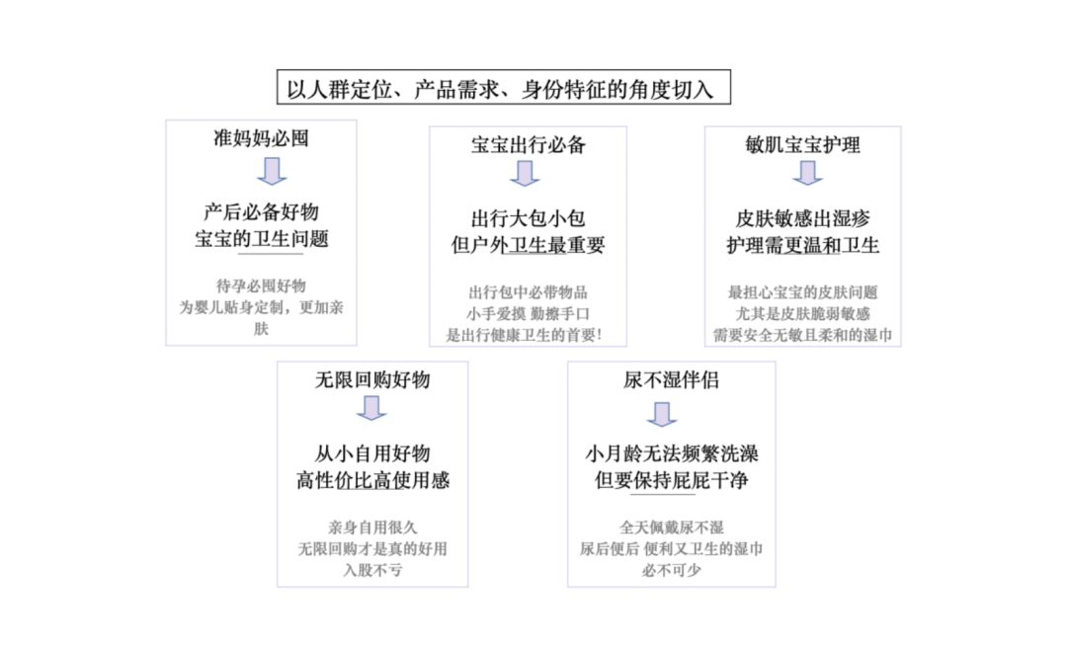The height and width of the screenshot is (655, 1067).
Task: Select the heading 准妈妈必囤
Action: pyautogui.click(x=261, y=138)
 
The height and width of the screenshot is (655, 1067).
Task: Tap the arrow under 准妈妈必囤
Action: pyautogui.click(x=272, y=171)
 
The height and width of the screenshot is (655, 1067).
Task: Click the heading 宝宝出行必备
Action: pyautogui.click(x=528, y=145)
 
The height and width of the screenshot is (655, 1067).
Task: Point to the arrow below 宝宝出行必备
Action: pyautogui.click(x=525, y=174)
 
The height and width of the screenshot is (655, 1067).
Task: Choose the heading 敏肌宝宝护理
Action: pyautogui.click(x=803, y=145)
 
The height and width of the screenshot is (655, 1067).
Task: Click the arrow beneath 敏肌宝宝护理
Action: pyautogui.click(x=808, y=173)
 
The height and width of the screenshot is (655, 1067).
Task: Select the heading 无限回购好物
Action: pyautogui.click(x=372, y=379)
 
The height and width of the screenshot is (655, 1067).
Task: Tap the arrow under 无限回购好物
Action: pyautogui.click(x=371, y=408)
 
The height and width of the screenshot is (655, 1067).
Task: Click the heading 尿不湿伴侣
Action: pyautogui.click(x=671, y=379)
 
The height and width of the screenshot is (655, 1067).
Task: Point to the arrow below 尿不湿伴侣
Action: pyautogui.click(x=661, y=414)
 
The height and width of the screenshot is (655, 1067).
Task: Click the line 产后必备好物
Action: pyautogui.click(x=261, y=212)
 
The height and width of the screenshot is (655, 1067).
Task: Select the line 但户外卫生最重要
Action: pyautogui.click(x=528, y=245)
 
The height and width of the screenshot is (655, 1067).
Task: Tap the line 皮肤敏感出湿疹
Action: pyautogui.click(x=803, y=218)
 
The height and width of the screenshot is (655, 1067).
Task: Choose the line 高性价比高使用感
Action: pyautogui.click(x=372, y=480)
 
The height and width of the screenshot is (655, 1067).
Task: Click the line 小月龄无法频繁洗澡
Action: pyautogui.click(x=672, y=453)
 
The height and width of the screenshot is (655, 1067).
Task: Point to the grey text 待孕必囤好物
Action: pyautogui.click(x=261, y=286)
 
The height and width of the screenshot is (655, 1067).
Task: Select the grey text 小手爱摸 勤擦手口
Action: pyautogui.click(x=528, y=313)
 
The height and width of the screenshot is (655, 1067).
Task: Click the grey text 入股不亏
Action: pyautogui.click(x=372, y=570)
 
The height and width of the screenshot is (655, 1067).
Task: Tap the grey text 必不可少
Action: pyautogui.click(x=672, y=570)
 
